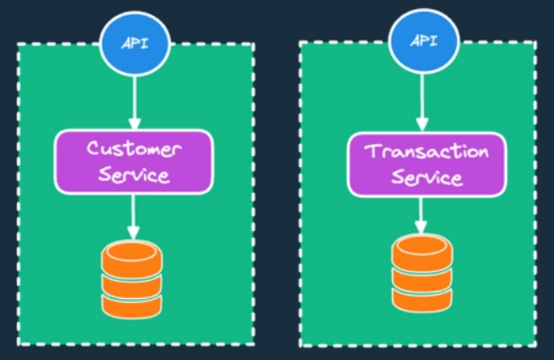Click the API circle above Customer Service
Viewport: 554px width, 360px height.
tap(135, 43)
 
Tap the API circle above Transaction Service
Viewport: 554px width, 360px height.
tap(424, 42)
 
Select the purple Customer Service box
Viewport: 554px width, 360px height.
tap(134, 162)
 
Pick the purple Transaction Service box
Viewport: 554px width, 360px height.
tap(428, 164)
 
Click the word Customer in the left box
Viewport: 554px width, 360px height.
tap(134, 149)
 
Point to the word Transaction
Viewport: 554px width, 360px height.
tap(427, 151)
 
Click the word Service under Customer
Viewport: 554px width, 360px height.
tap(134, 174)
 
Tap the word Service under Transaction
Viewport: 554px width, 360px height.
tap(428, 177)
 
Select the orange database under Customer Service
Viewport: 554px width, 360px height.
tap(132, 279)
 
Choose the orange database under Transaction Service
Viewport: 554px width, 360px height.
tap(422, 274)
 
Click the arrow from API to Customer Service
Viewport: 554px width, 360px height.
tap(135, 102)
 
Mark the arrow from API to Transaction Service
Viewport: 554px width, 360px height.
tap(422, 102)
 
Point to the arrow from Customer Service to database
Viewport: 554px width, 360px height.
tap(133, 217)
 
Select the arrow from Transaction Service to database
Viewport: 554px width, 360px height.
tap(420, 215)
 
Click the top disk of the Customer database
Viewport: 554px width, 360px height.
tap(132, 258)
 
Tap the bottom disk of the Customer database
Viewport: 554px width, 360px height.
tap(132, 306)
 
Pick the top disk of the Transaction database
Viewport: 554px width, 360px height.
tap(422, 253)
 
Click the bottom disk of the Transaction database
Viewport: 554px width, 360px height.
tap(422, 301)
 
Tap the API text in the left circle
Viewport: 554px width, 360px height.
tap(135, 43)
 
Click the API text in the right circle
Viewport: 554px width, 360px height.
tap(424, 41)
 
